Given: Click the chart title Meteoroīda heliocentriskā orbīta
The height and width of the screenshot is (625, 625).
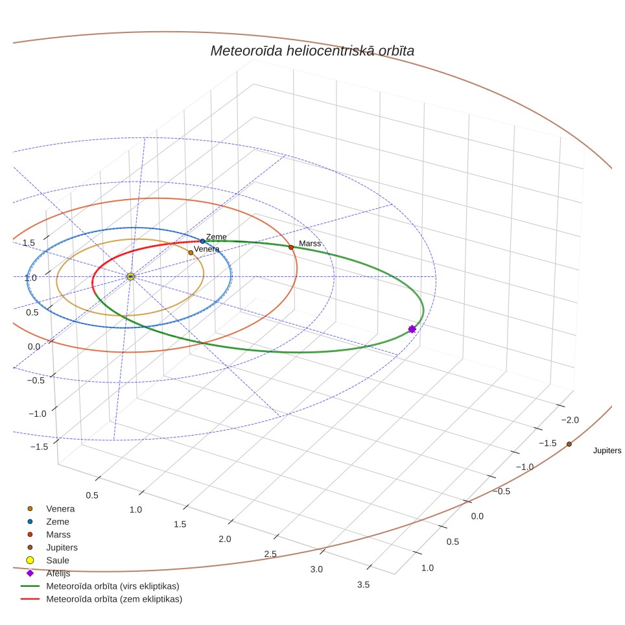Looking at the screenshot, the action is (312, 51).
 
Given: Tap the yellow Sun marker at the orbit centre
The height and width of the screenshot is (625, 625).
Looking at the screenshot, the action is (131, 277).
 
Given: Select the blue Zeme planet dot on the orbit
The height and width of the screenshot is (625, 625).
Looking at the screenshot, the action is (202, 241).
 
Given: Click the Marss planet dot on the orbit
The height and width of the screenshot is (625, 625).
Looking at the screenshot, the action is (291, 248).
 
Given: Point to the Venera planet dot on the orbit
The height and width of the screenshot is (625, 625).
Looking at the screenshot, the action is (191, 253).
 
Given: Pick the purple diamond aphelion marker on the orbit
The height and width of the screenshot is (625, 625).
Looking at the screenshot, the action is (412, 329).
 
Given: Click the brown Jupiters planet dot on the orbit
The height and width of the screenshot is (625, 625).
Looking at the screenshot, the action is (569, 444).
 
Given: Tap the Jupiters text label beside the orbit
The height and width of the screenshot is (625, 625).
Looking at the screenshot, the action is (607, 451).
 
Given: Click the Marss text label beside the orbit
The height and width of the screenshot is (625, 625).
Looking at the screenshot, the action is (310, 243).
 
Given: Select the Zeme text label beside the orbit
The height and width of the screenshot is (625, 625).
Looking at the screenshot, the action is (216, 237).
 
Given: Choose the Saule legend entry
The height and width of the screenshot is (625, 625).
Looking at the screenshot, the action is (58, 560).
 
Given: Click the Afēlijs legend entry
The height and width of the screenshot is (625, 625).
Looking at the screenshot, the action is (58, 573).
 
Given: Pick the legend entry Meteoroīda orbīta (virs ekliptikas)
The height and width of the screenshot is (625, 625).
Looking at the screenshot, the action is (113, 586).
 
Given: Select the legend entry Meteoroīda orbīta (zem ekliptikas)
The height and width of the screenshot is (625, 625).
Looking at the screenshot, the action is (114, 599).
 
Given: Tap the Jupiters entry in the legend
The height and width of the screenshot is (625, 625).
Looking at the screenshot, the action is (62, 548).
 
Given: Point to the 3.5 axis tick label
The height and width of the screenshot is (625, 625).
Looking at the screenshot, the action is (363, 585).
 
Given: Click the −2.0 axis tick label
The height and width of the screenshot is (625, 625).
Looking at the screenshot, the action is (570, 419).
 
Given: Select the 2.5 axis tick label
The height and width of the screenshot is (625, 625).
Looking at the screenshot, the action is (270, 554).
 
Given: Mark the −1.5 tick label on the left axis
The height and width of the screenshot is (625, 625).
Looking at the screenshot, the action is (39, 447).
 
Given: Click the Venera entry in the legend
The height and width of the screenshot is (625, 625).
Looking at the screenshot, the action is (60, 509).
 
